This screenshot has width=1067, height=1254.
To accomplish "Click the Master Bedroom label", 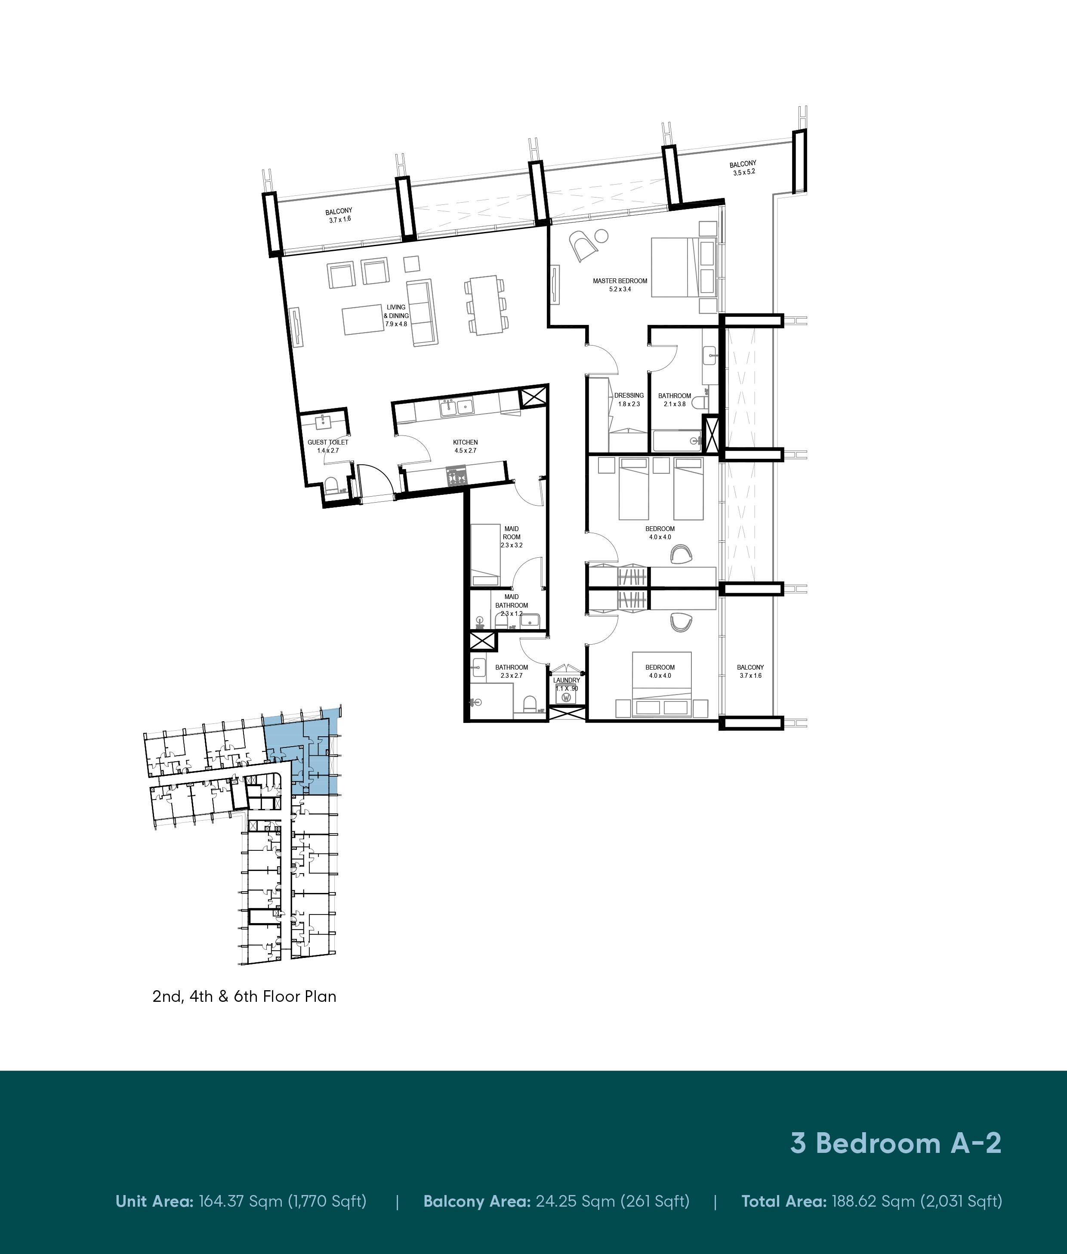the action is (620, 285).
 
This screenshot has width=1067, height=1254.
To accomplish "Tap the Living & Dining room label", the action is (396, 315).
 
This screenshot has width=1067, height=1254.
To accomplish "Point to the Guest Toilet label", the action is (328, 446).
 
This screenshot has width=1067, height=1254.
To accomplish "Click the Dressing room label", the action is (629, 399).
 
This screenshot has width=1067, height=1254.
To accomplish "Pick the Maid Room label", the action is (511, 537).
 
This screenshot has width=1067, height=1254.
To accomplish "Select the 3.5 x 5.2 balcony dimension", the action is (743, 172).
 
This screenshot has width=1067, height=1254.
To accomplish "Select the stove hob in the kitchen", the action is (456, 476).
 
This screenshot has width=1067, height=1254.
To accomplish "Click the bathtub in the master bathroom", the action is (677, 440).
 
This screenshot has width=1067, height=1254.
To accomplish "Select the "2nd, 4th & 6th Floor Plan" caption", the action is (244, 996).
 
